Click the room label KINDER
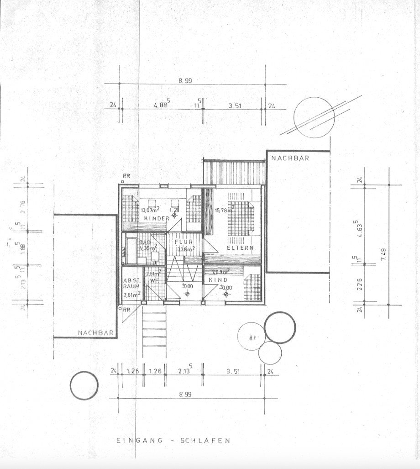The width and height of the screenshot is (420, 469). pyautogui.click(x=157, y=219)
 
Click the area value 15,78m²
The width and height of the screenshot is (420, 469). pyautogui.click(x=224, y=211)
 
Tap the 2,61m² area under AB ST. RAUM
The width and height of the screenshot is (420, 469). pyautogui.click(x=131, y=295)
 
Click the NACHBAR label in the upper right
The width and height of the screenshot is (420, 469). pyautogui.click(x=289, y=158)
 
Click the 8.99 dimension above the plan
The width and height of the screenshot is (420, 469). pyautogui.click(x=185, y=80)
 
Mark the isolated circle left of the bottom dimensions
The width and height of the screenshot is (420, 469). pyautogui.click(x=84, y=386)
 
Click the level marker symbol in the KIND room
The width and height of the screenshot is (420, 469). pyautogui.click(x=226, y=295)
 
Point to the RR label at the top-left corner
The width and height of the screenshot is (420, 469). pyautogui.click(x=126, y=176)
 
